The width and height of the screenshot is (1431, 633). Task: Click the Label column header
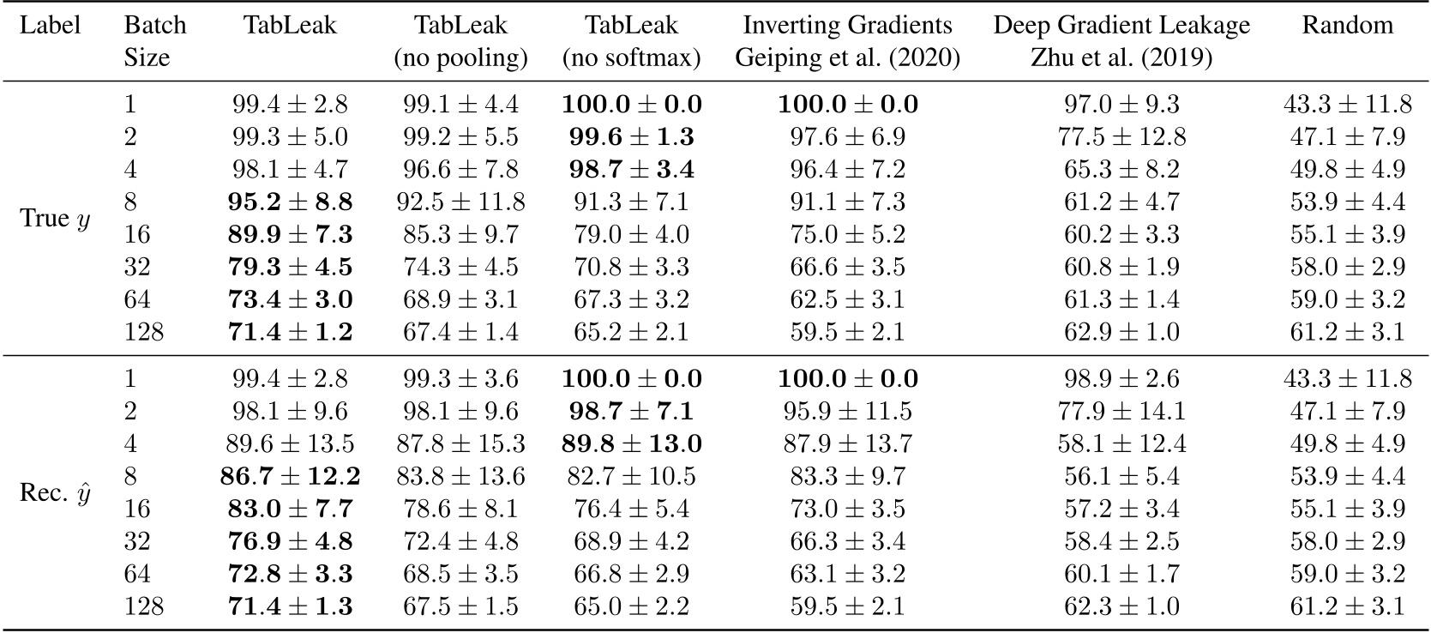pos(50,26)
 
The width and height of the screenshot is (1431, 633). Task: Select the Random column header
pos(1347,26)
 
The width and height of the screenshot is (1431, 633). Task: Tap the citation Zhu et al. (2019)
pos(1121,58)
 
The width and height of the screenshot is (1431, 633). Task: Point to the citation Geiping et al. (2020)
pos(847,58)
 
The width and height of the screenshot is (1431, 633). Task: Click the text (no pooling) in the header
pos(460,58)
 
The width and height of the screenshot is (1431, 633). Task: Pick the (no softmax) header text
pos(632,58)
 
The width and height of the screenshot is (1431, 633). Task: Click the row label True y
pos(55,219)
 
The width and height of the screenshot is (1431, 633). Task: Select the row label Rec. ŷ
pos(55,493)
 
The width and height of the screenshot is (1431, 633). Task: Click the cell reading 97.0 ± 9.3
pos(1121,105)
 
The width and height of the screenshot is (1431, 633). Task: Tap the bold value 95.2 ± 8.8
pos(290,202)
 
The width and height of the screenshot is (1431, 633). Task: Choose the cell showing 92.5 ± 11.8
pos(460,202)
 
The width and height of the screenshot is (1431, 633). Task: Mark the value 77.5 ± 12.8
pos(1121,137)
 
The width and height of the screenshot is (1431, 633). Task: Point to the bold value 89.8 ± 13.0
pos(632,443)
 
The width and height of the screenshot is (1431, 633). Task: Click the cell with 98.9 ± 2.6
pos(1121,379)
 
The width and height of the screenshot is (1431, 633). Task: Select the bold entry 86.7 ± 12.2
pos(290,476)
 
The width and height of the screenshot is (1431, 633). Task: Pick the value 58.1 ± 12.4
pos(1121,443)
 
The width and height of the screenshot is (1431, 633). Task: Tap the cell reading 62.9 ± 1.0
pos(1121,332)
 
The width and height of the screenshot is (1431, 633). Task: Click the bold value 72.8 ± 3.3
pos(290,574)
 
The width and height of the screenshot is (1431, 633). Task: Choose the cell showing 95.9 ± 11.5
pos(847,412)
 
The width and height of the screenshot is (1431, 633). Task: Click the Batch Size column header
pos(154,41)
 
